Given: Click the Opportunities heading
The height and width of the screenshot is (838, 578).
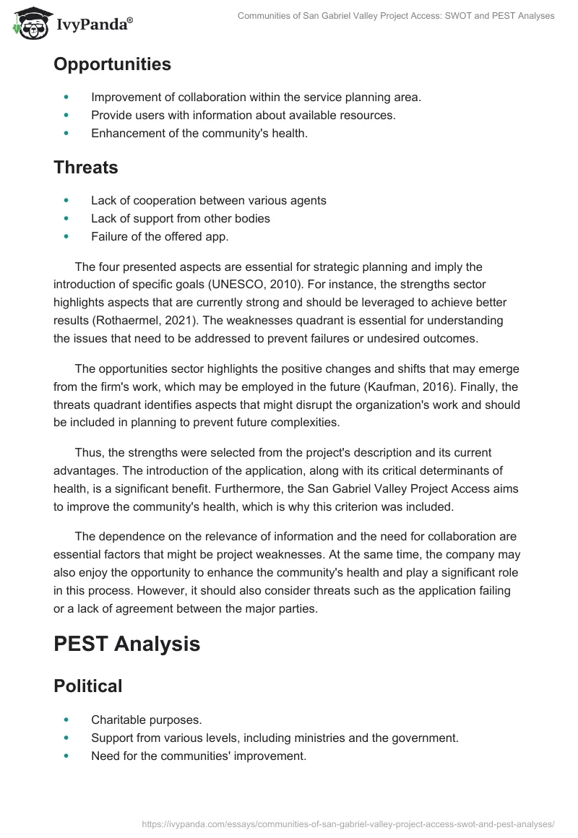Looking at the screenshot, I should [112, 64].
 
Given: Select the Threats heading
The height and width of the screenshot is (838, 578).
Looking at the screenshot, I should [85, 167].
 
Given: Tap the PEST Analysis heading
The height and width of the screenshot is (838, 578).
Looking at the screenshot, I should [126, 644].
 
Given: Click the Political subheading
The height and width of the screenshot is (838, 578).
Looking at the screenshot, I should [87, 686].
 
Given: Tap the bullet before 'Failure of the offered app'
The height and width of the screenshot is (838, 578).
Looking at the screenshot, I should [66, 236].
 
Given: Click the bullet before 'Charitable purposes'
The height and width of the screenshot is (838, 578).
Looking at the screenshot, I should [66, 720].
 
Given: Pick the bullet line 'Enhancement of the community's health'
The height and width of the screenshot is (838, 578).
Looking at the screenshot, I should [199, 133].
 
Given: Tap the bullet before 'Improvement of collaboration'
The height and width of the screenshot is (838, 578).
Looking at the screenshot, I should [66, 97].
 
